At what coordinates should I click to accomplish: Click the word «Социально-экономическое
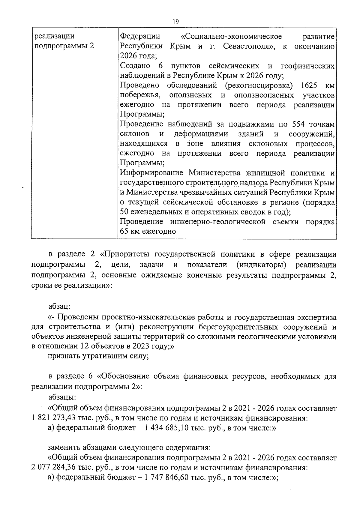[x=231, y=37]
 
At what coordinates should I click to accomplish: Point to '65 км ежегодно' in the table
[x=148, y=231]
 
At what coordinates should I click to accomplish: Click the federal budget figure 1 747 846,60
[x=167, y=478]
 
